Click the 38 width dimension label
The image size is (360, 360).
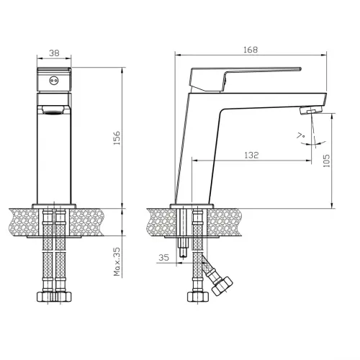tap(54, 53)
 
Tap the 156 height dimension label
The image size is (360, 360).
tap(117, 138)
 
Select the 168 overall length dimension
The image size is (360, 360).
tap(251, 50)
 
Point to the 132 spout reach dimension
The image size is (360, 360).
tap(251, 155)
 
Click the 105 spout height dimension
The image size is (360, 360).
tap(327, 161)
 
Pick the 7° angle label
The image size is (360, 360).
tap(300, 135)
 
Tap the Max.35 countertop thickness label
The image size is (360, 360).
tap(117, 261)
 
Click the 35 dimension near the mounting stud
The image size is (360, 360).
tap(164, 258)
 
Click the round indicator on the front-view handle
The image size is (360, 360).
tap(53, 81)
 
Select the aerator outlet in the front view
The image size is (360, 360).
tap(54, 110)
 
